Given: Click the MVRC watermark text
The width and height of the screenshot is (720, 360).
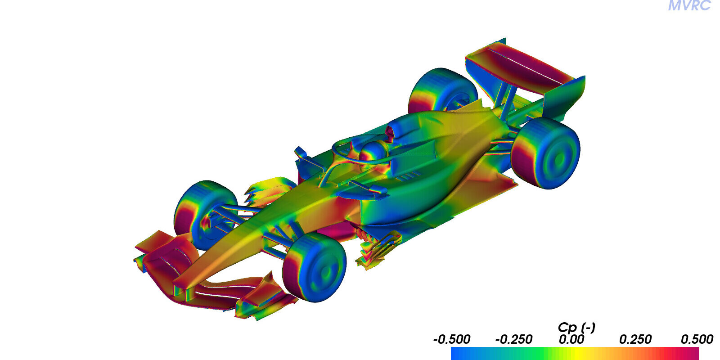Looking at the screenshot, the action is [689, 5].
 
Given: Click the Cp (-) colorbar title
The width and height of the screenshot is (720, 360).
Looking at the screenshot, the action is [576, 328].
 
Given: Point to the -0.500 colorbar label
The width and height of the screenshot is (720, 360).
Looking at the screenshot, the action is [452, 339].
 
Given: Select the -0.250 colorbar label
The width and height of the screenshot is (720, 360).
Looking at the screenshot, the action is [513, 339].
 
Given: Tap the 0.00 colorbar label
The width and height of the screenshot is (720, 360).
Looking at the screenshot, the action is [571, 339].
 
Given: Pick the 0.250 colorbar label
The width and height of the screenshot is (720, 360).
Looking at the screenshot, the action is [635, 339].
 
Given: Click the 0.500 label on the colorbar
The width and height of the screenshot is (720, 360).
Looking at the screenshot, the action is [697, 339].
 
